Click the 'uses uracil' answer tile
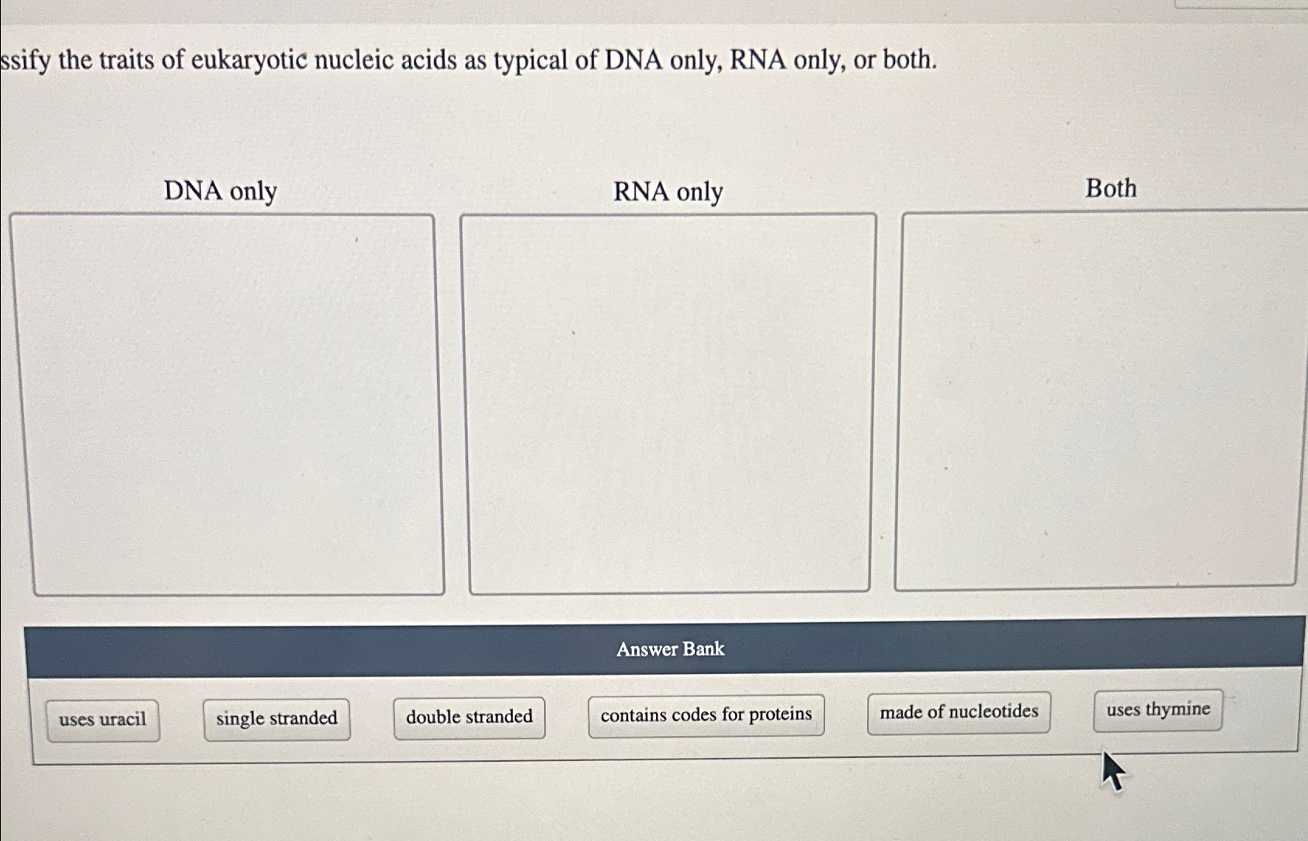pyautogui.click(x=102, y=720)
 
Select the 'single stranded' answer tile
pyautogui.click(x=276, y=718)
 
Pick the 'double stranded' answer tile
pyautogui.click(x=469, y=717)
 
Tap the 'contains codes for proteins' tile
pyautogui.click(x=706, y=714)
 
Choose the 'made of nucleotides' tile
pyautogui.click(x=959, y=712)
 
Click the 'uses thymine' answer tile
pyautogui.click(x=1157, y=710)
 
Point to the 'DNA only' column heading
pyautogui.click(x=220, y=191)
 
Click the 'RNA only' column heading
pyautogui.click(x=668, y=192)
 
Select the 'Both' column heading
pyautogui.click(x=1110, y=189)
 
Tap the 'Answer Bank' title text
pyautogui.click(x=670, y=649)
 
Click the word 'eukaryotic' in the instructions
pyautogui.click(x=249, y=60)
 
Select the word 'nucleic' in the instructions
pyautogui.click(x=354, y=60)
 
